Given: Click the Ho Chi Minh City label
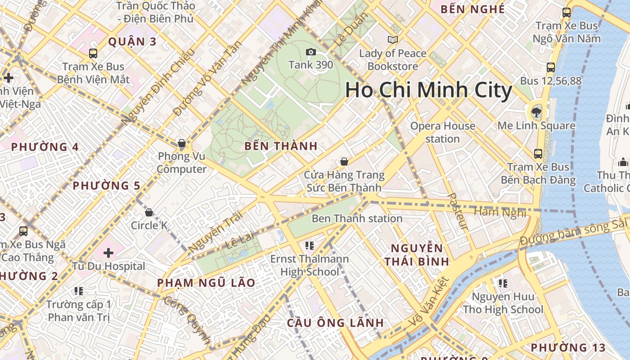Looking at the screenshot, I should tap(428, 90).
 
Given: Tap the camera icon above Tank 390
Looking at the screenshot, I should tap(310, 52).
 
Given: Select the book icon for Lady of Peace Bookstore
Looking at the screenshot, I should tap(393, 40).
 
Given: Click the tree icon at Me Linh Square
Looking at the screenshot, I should tap(535, 111).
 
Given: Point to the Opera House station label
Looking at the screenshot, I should tap(442, 132).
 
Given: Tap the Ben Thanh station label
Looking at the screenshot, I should tap(357, 219).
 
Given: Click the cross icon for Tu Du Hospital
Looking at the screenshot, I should tap(108, 253).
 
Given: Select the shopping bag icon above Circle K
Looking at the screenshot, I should tap(149, 212).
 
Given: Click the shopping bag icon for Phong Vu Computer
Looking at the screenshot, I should tap(182, 144).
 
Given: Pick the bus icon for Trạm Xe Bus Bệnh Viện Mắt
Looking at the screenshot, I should tap(93, 54).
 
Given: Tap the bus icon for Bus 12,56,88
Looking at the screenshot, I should tap(551, 67).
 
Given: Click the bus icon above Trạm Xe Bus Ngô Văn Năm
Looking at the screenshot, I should tap(567, 13).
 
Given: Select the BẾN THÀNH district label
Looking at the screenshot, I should tap(281, 146).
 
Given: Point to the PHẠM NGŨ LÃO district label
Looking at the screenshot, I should tap(206, 283).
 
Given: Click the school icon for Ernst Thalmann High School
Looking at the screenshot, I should tap(309, 246).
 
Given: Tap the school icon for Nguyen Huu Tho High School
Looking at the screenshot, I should tap(503, 283).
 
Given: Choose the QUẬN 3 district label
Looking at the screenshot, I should tap(132, 42).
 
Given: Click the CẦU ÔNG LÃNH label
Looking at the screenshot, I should tap(335, 323).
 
